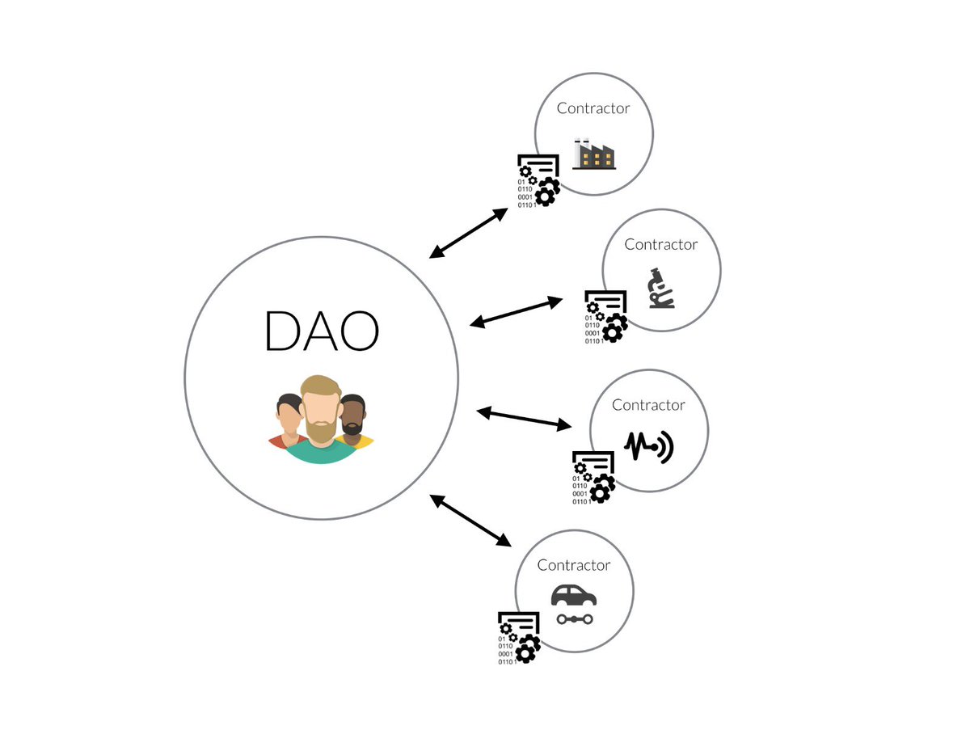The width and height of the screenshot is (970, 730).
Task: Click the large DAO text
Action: (x=322, y=330)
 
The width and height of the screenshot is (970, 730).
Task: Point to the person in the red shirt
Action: (x=288, y=424)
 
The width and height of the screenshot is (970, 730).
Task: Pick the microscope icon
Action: (x=662, y=289)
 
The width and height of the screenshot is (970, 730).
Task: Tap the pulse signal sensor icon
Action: (x=650, y=446)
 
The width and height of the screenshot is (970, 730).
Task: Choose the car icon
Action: (x=574, y=605)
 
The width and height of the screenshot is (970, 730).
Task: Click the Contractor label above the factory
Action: (x=593, y=108)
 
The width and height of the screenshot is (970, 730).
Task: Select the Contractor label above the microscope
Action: (x=661, y=244)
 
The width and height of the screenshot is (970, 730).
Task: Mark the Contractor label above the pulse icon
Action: (x=648, y=405)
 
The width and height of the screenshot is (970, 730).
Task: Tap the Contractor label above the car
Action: (x=574, y=565)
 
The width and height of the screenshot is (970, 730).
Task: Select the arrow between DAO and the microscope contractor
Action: (x=517, y=311)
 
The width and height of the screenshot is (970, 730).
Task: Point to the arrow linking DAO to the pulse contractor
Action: (x=524, y=418)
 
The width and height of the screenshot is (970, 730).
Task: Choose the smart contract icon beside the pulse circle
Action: (x=593, y=477)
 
